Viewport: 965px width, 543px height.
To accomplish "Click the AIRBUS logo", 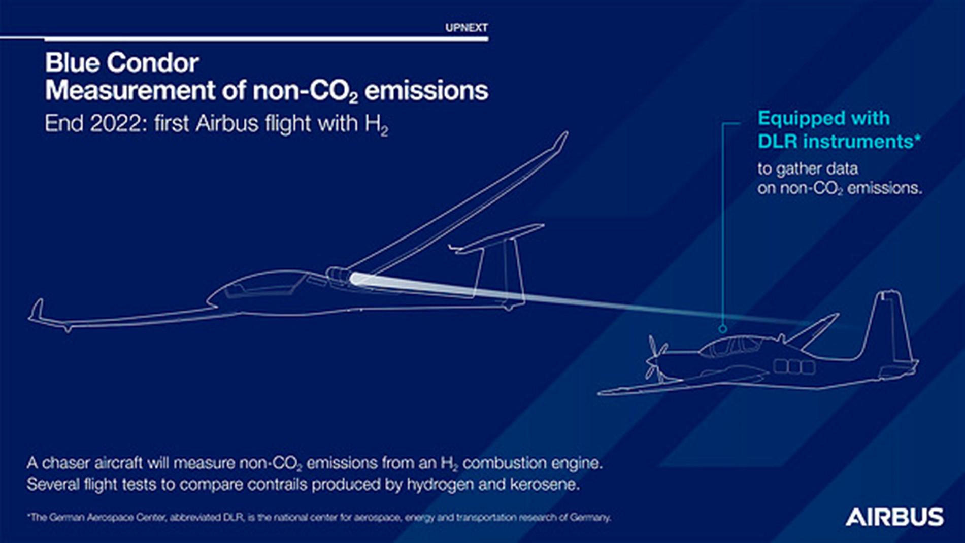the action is coord(894,517).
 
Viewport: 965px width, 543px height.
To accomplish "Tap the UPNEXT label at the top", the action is coord(466,28).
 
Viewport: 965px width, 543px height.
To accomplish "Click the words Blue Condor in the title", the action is coord(122,63).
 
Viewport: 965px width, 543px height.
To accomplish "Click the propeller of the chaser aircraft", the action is coord(654,358).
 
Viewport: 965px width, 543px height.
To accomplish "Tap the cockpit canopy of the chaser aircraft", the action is coord(731,347).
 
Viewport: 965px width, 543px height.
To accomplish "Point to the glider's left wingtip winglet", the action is coord(37,311).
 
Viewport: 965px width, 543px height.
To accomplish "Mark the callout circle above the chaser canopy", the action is coord(723,329).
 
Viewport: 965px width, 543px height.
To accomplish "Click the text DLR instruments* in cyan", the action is coord(839,141).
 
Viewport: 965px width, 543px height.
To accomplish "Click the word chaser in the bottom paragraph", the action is coord(63,463).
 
